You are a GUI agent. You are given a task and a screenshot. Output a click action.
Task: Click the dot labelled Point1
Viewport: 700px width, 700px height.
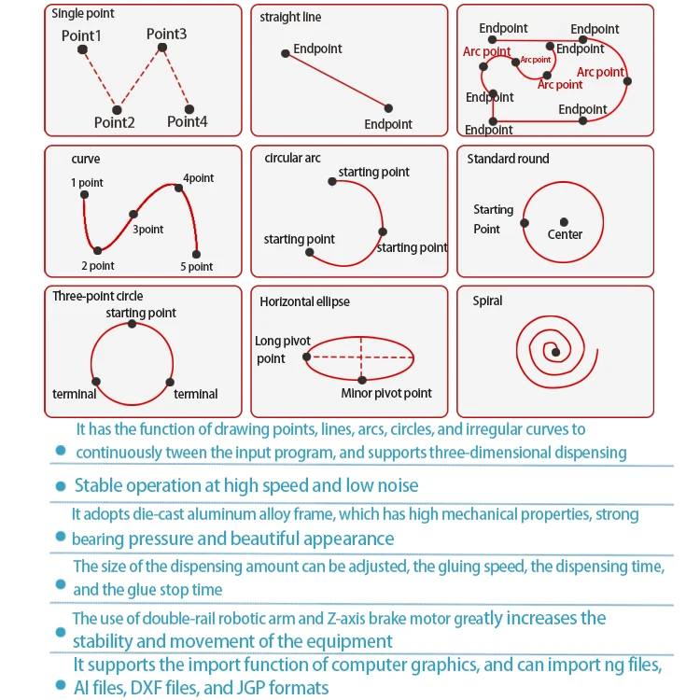[x=82, y=49]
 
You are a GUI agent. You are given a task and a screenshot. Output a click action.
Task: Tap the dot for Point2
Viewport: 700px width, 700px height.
[x=117, y=109]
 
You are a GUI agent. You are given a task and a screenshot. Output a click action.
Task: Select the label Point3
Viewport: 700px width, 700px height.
[x=166, y=34]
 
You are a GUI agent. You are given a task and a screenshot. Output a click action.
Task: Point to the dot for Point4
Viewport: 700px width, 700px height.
[x=189, y=109]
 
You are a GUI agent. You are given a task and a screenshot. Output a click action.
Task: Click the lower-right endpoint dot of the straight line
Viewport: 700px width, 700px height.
[x=388, y=108]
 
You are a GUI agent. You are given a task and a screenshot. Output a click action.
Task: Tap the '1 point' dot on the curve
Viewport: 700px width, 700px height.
[x=85, y=194]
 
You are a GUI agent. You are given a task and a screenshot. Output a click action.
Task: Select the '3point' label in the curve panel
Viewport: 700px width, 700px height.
[x=147, y=229]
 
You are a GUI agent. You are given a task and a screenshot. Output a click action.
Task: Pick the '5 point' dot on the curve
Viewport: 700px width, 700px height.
[x=196, y=254]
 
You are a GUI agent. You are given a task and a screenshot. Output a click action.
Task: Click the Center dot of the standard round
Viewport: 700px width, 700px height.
[x=565, y=222]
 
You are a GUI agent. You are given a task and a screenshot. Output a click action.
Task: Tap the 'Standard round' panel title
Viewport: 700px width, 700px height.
[x=508, y=159]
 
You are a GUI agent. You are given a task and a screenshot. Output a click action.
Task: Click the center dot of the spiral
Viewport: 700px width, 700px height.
[x=555, y=352]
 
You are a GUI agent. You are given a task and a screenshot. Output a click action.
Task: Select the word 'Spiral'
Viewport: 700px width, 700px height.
[x=487, y=301]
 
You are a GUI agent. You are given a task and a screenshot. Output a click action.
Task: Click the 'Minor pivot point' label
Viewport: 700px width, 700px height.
[x=386, y=393]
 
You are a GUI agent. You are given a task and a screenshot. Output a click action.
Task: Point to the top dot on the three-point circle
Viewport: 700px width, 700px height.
[x=132, y=324]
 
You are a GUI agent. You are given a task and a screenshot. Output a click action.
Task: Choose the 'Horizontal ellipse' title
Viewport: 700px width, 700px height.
[x=304, y=301]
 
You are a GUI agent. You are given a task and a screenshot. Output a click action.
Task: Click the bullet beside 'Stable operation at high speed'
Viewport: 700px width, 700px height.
[x=61, y=485]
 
